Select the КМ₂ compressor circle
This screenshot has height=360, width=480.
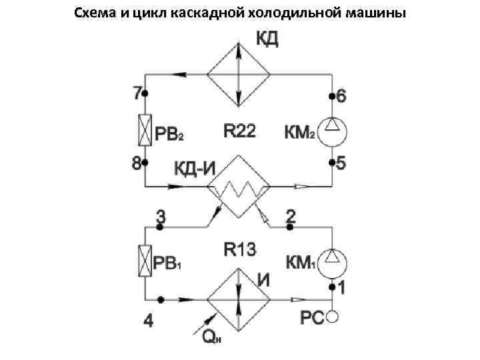[x=333, y=131]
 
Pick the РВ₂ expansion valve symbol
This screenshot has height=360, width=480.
[x=145, y=130]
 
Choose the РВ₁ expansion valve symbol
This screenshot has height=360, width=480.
[x=145, y=262]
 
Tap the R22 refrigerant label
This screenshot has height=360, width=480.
[x=239, y=132]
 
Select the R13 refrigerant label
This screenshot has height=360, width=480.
[x=239, y=250]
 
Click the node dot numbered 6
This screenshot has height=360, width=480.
[x=333, y=97]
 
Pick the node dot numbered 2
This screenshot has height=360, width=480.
[x=290, y=227]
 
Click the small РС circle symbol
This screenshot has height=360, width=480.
[x=333, y=318]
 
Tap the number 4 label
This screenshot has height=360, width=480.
[x=148, y=321]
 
